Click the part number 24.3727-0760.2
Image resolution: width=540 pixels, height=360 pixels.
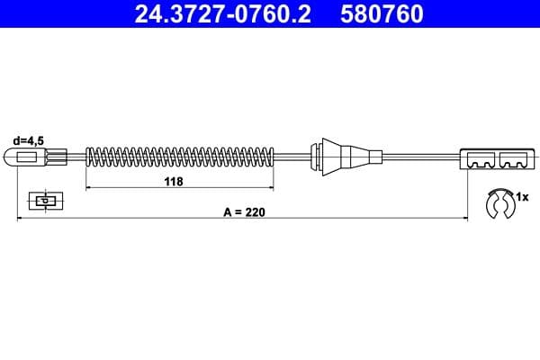point(225,14)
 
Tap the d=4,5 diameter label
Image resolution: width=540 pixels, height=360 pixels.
point(28,139)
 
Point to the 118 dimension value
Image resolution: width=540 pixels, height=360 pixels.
point(175,181)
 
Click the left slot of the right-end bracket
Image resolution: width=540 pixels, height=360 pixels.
point(481,160)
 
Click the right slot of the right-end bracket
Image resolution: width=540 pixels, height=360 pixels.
point(513,160)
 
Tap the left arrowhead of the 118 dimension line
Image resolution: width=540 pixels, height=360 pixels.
point(88,188)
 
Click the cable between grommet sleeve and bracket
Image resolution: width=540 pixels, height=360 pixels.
point(418,158)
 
